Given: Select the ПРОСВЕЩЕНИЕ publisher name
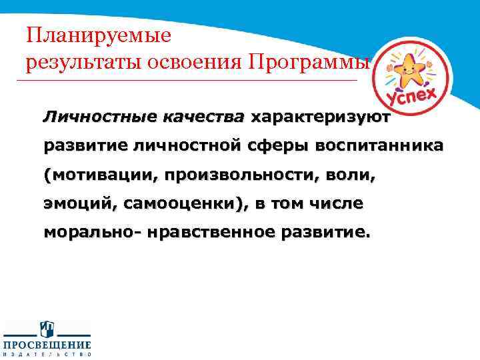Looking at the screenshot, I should click(47, 345).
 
